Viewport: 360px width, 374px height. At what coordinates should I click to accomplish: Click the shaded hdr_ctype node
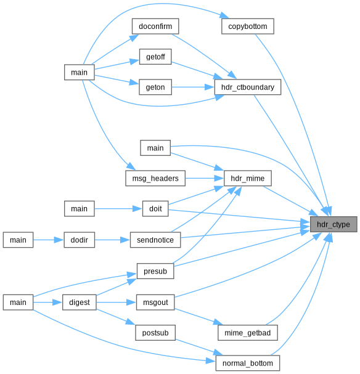(x=333, y=224)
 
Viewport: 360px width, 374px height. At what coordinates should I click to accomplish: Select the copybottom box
(x=248, y=26)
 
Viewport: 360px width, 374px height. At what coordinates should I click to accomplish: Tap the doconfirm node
(x=155, y=26)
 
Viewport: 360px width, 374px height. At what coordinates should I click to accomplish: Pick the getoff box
(x=155, y=57)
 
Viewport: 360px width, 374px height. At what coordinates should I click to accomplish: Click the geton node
(x=155, y=87)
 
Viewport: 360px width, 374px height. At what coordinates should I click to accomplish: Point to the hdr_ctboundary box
(x=248, y=87)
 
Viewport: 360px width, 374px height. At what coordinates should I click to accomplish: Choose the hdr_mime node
(x=248, y=178)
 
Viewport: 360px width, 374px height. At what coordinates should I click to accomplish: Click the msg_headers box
(x=155, y=178)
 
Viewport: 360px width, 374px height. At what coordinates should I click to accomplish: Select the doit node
(x=155, y=209)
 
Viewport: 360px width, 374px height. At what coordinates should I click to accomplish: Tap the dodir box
(x=79, y=240)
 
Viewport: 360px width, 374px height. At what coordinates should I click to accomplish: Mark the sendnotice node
(x=155, y=240)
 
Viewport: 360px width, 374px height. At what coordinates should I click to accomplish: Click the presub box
(x=155, y=271)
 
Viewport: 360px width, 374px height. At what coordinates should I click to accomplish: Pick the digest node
(x=79, y=302)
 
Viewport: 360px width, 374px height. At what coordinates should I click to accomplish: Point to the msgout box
(x=155, y=302)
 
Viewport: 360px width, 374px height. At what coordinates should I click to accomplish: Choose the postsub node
(x=155, y=333)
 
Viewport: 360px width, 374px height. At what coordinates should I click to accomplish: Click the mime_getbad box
(x=248, y=333)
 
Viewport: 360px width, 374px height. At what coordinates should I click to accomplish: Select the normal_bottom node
(x=248, y=363)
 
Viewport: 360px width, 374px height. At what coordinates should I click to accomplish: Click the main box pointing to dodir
(x=18, y=240)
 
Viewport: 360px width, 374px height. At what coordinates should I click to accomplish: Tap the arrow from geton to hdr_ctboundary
(x=193, y=87)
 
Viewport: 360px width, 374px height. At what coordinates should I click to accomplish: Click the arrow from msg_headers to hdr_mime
(x=205, y=178)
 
